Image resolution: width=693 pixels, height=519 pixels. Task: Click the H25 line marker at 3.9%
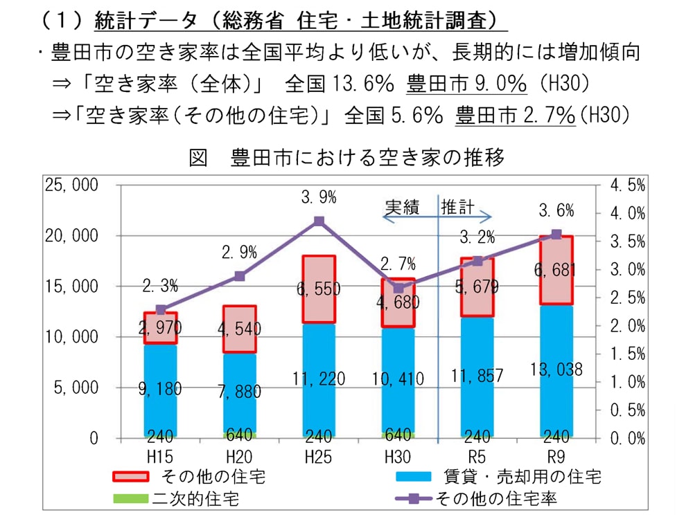[319, 221]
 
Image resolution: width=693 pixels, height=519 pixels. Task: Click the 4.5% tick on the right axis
[627, 185]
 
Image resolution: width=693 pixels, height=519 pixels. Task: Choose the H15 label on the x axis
[160, 457]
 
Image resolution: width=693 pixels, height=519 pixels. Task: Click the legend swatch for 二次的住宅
[130, 498]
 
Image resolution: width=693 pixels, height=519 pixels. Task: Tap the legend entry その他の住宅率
[497, 498]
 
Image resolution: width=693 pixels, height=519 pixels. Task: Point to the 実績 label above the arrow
[402, 207]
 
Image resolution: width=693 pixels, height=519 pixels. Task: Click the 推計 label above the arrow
[458, 207]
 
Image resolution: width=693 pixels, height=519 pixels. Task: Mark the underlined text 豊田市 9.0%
[467, 84]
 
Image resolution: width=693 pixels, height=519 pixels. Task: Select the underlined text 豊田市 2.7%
[515, 115]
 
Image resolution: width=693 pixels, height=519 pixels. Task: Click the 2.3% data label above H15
[160, 285]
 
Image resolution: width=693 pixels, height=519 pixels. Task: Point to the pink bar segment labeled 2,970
[160, 328]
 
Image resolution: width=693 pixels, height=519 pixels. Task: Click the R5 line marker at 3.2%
[477, 261]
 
